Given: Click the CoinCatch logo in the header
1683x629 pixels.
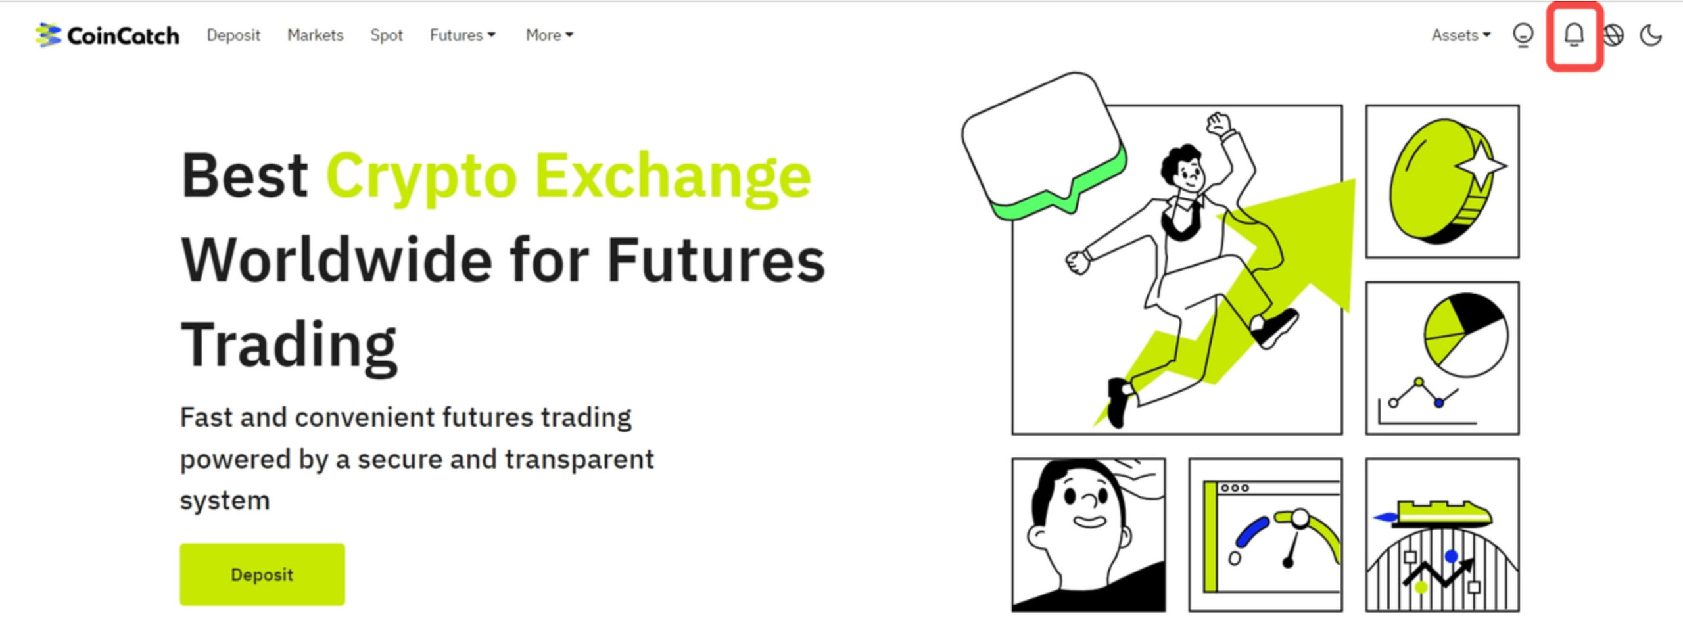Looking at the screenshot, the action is coord(107,35).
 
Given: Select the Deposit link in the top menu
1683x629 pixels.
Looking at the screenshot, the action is coord(233,35).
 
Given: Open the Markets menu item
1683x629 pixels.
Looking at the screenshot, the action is coord(315,35).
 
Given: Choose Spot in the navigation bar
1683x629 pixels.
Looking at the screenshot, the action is coord(386,35).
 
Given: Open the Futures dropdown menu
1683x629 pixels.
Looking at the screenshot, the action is coord(463,35).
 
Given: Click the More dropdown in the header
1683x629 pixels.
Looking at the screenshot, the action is coord(550,35).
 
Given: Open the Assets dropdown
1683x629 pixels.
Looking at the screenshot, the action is coord(1461,35).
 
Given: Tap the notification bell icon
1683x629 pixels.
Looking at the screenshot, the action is coord(1574,35).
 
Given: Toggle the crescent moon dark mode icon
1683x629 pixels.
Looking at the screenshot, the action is coord(1650,35).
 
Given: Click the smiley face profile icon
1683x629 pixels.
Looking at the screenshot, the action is coord(1523,35).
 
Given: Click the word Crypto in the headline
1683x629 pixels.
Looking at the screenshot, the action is coord(421,177).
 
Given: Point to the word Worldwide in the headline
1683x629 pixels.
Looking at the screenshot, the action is coord(337,260).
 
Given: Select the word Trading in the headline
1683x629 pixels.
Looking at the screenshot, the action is coord(289,346).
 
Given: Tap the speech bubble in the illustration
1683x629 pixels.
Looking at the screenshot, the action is coord(1043,144).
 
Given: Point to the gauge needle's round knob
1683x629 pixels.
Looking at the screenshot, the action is coord(1300,519).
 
